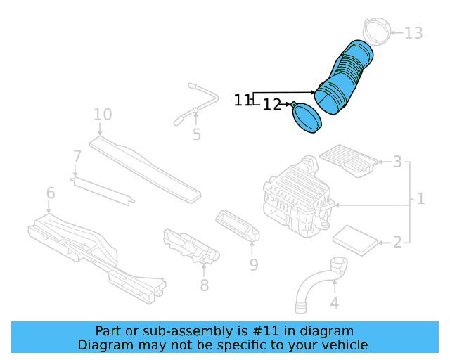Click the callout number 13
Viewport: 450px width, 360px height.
click(413, 33)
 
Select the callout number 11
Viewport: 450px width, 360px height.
click(242, 101)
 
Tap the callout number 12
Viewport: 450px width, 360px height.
click(272, 105)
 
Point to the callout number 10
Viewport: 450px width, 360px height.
click(102, 114)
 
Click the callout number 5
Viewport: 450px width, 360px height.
click(196, 134)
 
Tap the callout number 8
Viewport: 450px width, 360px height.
click(204, 284)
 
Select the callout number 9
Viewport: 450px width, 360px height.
click(253, 264)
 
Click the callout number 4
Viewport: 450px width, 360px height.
click(335, 303)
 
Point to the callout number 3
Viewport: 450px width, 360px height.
click(397, 162)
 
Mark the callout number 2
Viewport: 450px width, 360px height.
click(397, 242)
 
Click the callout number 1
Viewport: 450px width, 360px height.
click(420, 199)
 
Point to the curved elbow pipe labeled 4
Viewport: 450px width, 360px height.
click(316, 285)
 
